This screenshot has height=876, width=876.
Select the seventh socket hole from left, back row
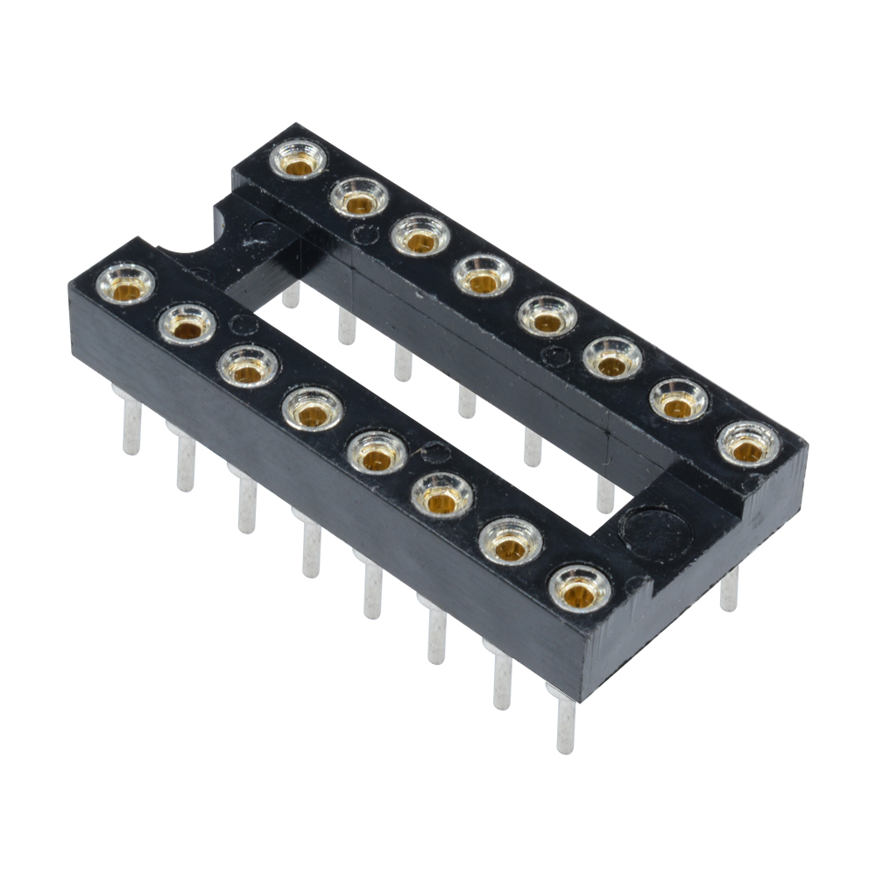pos(678,404)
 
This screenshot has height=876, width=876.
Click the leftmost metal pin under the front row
pos(131,425)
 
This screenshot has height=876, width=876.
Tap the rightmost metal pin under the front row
pos(566,723)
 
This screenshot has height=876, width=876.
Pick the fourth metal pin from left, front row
pos(311,547)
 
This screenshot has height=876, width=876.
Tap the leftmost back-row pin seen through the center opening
pos(291,294)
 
